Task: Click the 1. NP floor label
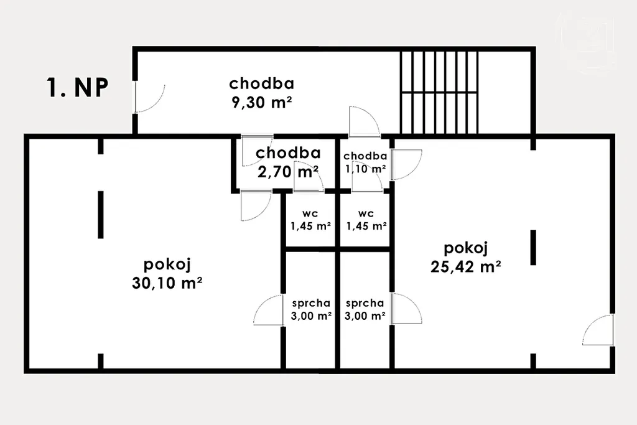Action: [x=78, y=88]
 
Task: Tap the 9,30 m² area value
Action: [x=262, y=102]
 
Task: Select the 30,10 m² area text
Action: [x=167, y=283]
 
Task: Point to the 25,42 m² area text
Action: [x=465, y=266]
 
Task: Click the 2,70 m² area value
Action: [x=288, y=172]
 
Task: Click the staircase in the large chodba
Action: [x=439, y=92]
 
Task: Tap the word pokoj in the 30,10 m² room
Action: [x=167, y=264]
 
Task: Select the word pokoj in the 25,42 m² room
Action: [x=465, y=248]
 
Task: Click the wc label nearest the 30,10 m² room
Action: [x=310, y=213]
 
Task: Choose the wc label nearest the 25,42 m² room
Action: [x=366, y=213]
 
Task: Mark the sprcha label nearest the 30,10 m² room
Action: [x=311, y=303]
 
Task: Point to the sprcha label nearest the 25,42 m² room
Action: [x=365, y=303]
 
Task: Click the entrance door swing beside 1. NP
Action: [x=149, y=98]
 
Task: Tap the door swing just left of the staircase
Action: [x=365, y=121]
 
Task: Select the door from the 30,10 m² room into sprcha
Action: [x=268, y=310]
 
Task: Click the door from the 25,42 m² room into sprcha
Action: [x=406, y=309]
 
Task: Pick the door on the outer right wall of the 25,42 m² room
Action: [x=598, y=330]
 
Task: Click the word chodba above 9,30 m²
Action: [x=262, y=83]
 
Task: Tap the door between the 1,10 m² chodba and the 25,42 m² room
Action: [x=406, y=164]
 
